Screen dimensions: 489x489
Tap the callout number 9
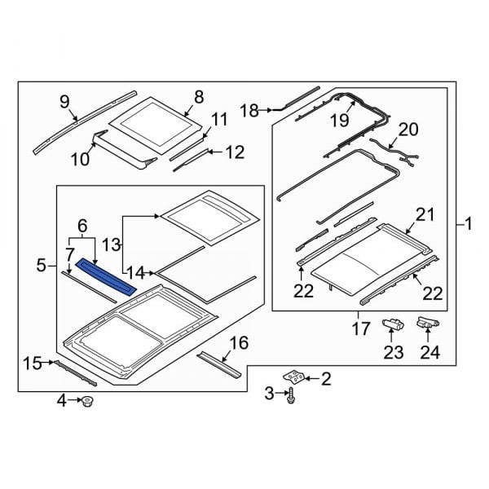tap(64, 101)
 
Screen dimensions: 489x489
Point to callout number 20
tap(407, 128)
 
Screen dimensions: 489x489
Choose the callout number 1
tap(466, 222)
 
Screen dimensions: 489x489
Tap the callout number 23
tap(394, 353)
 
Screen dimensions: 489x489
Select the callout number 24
tap(429, 353)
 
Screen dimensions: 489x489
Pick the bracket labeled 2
tap(294, 377)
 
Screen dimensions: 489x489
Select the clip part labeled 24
tap(429, 324)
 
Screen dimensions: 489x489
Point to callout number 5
tap(42, 265)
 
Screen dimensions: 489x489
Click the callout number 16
tap(239, 342)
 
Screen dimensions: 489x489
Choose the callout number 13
tap(111, 244)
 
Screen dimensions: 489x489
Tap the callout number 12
tap(235, 152)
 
